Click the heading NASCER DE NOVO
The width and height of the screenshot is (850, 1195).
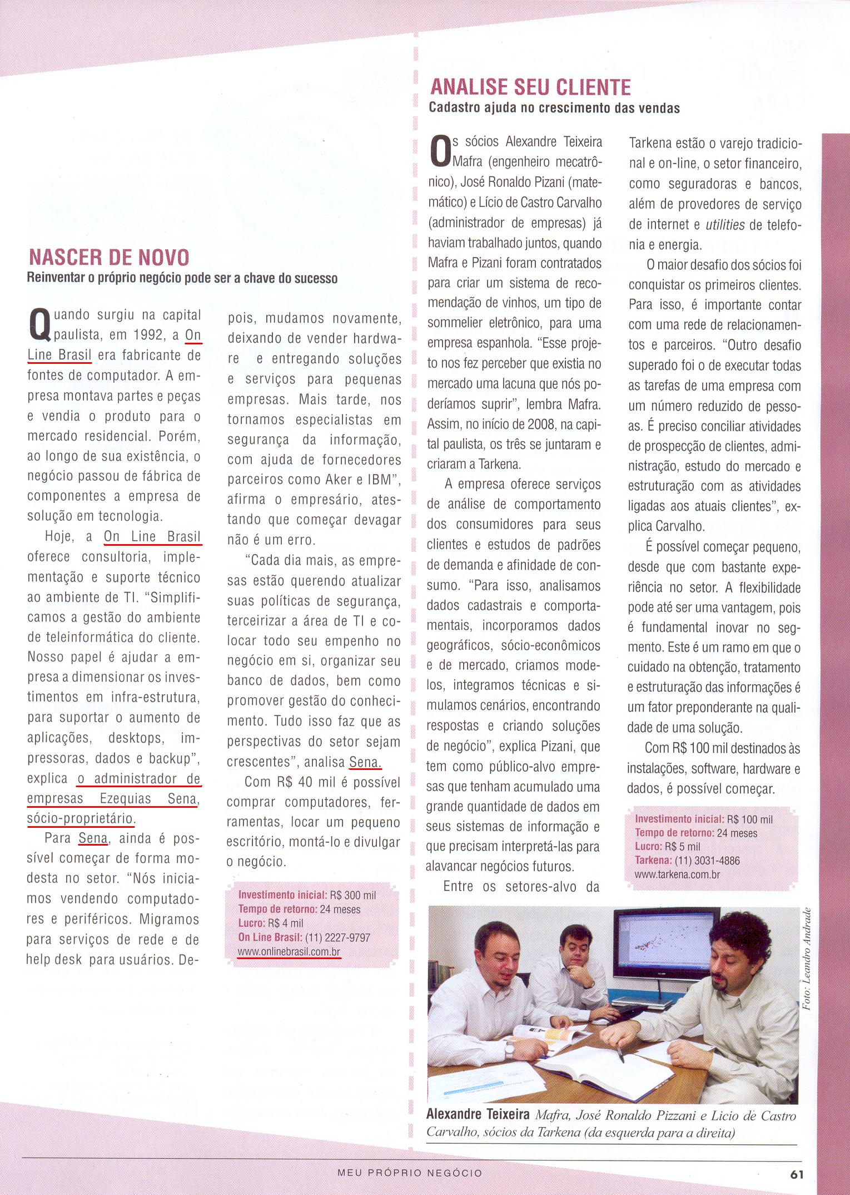coord(108,257)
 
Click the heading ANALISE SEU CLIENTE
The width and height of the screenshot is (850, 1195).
coord(531,87)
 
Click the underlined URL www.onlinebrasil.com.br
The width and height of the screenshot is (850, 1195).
coord(289,952)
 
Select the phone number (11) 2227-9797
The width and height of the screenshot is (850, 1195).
coord(337,938)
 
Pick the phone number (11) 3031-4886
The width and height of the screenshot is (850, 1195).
coord(706,861)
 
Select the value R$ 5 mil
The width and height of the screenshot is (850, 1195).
coord(684,847)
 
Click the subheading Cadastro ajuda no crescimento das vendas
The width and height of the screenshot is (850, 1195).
coord(554,108)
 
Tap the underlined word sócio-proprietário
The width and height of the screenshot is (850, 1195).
coord(80,818)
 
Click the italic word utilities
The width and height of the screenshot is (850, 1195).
coord(725,225)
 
